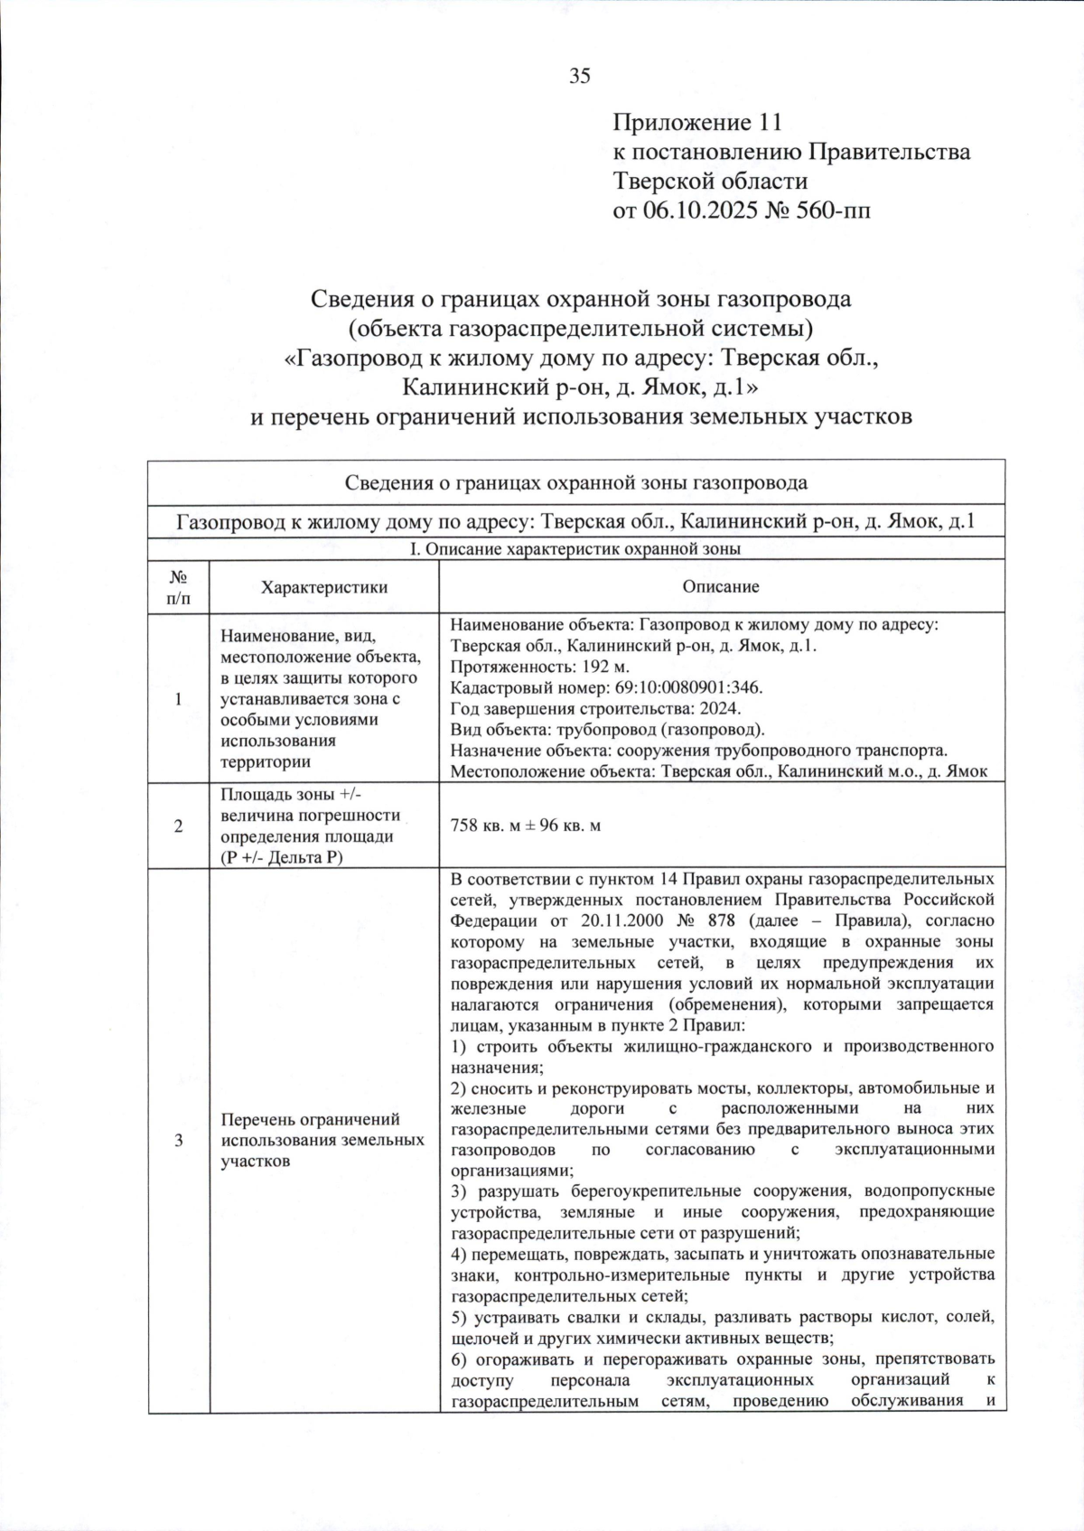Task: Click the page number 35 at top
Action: [579, 77]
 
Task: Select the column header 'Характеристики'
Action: [324, 587]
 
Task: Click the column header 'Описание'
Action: [721, 587]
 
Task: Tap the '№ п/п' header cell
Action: [179, 587]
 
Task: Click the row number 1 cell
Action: [179, 698]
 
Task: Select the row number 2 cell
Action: [179, 826]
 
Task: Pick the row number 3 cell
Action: [179, 1141]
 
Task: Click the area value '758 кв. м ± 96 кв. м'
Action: [525, 826]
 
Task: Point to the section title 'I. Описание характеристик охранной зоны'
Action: [575, 549]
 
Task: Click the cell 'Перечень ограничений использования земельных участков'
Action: [322, 1141]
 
